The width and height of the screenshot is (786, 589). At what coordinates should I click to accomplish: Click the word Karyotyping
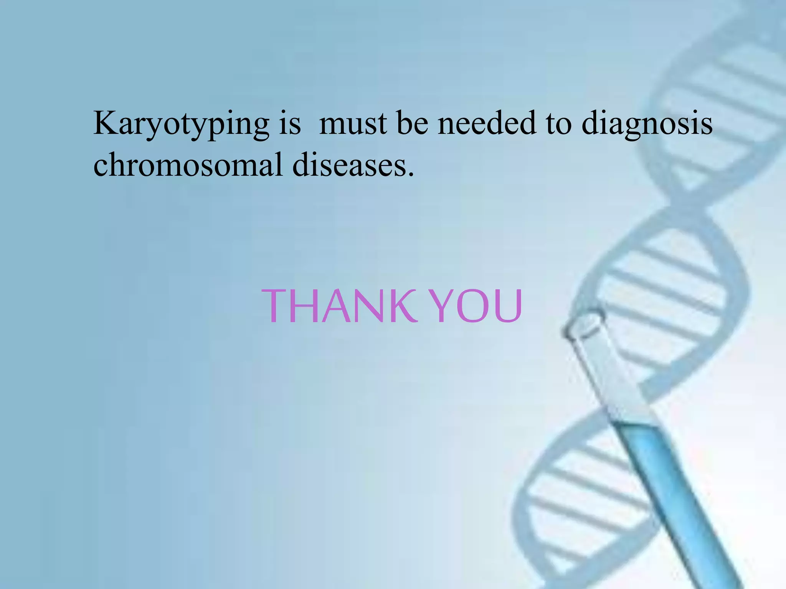tap(181, 123)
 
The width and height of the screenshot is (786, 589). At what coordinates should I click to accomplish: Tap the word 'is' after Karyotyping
tap(289, 123)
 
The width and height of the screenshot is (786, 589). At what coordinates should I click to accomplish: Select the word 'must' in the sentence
tap(353, 123)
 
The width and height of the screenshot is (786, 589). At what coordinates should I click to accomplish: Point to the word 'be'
tap(412, 123)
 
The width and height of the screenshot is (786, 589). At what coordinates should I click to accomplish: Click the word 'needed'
tap(487, 123)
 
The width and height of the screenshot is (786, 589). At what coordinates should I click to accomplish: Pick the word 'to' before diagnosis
tap(558, 123)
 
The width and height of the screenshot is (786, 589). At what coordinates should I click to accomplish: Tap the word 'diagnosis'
tap(647, 123)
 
